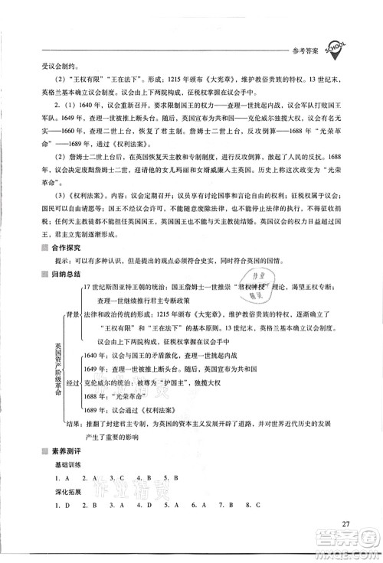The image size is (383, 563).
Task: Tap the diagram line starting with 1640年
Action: (x=146, y=356)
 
